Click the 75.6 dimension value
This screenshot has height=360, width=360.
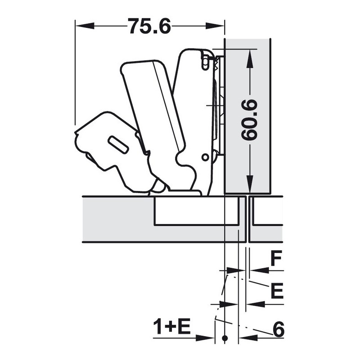[149, 26]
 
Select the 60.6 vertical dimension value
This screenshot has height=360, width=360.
[249, 120]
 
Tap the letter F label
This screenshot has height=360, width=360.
[276, 258]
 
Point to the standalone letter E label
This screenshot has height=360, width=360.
[277, 291]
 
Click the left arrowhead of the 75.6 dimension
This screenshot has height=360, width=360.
[85, 26]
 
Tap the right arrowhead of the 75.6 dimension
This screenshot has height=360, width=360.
[215, 26]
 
